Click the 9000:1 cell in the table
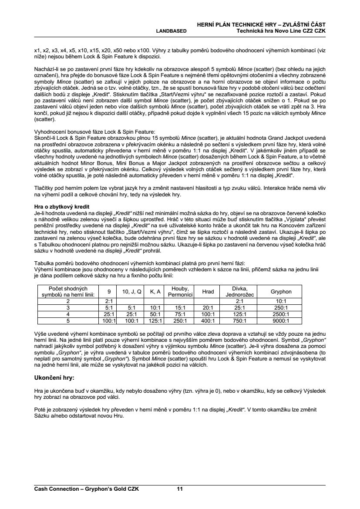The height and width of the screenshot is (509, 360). coord(281,321)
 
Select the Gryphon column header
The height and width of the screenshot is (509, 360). coord(281,292)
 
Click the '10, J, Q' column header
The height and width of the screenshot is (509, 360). coord(132,292)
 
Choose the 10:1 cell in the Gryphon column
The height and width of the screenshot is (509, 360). coord(281,301)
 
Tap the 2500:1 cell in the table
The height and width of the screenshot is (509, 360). coord(281,314)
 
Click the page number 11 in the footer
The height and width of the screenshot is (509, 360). coord(179,489)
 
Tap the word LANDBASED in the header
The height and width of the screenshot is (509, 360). coord(171,31)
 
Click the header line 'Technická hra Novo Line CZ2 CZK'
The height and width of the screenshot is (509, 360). coord(281,31)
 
